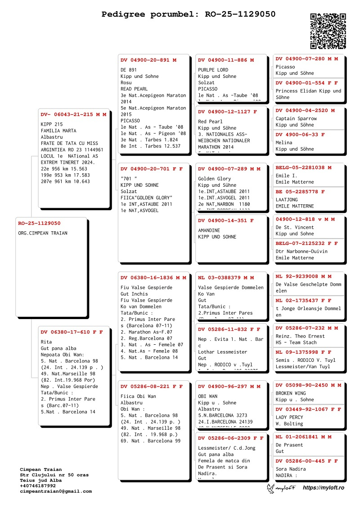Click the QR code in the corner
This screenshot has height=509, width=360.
(x=328, y=31)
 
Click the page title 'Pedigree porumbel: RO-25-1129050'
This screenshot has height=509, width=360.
(x=189, y=14)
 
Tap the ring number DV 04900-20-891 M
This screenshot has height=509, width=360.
(x=148, y=60)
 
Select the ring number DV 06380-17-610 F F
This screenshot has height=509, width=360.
(x=72, y=332)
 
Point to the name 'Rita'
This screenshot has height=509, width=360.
(x=46, y=342)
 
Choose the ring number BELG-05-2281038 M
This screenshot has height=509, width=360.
(x=304, y=167)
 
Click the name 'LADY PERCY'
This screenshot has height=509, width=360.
(x=289, y=417)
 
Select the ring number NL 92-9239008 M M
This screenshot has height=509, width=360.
(x=304, y=276)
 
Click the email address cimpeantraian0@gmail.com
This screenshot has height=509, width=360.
(x=56, y=491)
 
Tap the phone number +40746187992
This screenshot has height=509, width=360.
(x=38, y=486)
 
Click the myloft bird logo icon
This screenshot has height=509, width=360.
(x=272, y=488)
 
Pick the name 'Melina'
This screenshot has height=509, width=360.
(x=284, y=143)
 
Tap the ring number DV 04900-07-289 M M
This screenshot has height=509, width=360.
(x=229, y=169)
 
